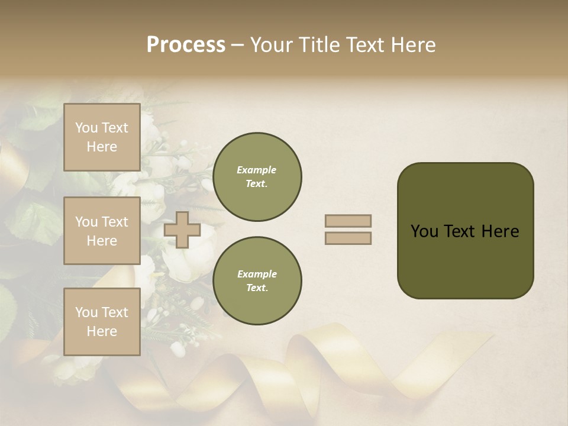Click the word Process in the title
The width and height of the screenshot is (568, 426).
(186, 44)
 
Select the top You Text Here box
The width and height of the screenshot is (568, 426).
(102, 137)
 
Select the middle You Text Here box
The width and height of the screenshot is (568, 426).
(102, 231)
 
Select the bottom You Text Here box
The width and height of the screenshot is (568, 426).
(102, 322)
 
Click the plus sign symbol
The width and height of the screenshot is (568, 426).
(182, 230)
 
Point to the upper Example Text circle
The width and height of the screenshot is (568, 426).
(257, 177)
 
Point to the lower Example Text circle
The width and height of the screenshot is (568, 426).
(257, 281)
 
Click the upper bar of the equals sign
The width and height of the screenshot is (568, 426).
(348, 221)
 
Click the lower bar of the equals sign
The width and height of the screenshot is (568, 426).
(348, 238)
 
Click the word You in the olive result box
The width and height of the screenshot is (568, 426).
(424, 231)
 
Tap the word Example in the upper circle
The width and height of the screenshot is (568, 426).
(257, 170)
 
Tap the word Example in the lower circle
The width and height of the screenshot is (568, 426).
(257, 274)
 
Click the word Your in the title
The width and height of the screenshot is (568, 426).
(272, 44)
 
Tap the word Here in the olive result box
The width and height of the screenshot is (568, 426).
(500, 231)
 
